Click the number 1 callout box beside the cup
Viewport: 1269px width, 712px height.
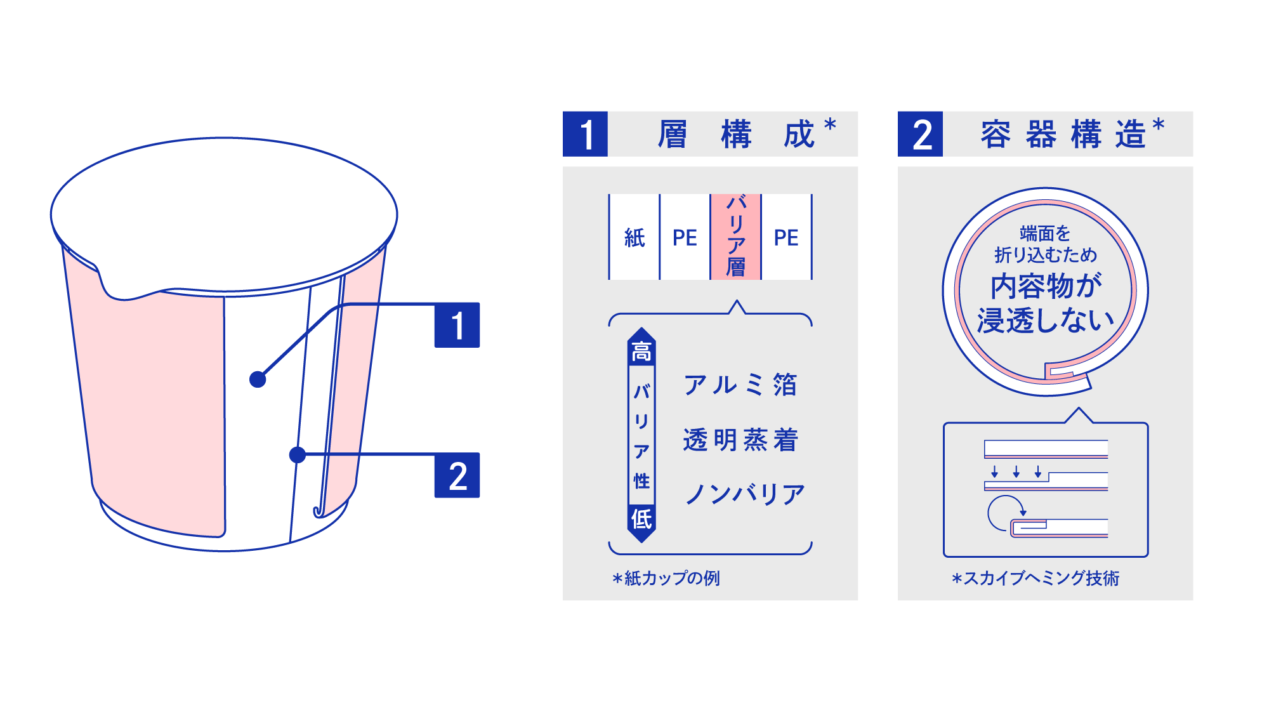[x=457, y=325]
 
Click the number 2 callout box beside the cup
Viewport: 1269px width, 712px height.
[x=457, y=475]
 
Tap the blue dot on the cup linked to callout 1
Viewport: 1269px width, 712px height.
[x=258, y=379]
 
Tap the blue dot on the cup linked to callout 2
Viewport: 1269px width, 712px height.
[x=297, y=454]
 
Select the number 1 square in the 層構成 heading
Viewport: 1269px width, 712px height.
[x=585, y=134]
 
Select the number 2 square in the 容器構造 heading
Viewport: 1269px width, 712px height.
[x=920, y=134]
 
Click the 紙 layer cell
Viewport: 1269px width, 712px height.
[x=634, y=237]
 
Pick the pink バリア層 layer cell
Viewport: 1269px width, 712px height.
[x=735, y=237]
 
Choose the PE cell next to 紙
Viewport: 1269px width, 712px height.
[x=685, y=237]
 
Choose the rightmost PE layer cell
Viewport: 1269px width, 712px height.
[x=786, y=237]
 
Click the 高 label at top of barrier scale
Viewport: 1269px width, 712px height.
[x=641, y=351]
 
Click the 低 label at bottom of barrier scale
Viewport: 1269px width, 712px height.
[x=641, y=518]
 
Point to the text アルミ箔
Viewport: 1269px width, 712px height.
[x=740, y=385]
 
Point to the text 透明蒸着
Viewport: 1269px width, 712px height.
[x=740, y=440]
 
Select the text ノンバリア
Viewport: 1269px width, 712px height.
[x=745, y=494]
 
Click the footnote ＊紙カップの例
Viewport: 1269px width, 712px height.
[x=666, y=578]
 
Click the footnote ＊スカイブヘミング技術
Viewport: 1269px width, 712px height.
[x=1036, y=578]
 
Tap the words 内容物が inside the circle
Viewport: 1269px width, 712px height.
[x=1046, y=286]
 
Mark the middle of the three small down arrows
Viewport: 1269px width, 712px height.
[x=1016, y=471]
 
